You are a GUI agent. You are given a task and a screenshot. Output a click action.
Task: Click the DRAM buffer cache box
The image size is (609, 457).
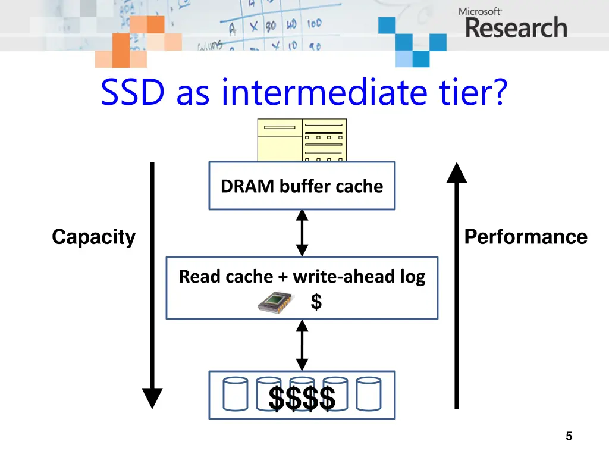click(302, 186)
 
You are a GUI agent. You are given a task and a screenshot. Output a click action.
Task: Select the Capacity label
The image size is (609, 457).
click(93, 237)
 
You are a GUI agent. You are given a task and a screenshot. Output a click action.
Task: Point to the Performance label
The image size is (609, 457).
click(525, 237)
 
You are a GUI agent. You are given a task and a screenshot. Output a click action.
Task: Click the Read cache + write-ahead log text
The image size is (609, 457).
click(302, 277)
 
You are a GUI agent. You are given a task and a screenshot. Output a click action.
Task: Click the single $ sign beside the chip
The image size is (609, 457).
click(316, 302)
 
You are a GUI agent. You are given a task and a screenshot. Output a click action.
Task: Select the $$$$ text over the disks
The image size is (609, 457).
click(302, 398)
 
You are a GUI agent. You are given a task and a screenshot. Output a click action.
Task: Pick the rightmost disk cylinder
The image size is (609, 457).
click(368, 395)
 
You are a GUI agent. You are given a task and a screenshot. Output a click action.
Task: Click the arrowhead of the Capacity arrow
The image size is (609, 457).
click(152, 397)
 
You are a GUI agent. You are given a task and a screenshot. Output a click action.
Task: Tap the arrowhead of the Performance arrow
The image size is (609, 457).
click(456, 173)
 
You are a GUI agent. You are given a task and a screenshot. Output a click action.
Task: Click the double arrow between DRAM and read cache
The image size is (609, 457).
click(302, 233)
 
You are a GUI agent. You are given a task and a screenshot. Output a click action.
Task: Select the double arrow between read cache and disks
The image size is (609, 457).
click(302, 345)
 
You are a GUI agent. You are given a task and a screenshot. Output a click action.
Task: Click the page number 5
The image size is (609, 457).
click(569, 437)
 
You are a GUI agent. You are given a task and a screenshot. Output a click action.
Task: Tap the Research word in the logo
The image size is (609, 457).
click(516, 28)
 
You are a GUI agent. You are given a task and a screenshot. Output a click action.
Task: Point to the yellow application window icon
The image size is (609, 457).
click(302, 140)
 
